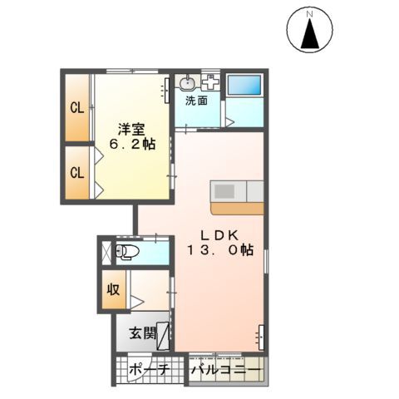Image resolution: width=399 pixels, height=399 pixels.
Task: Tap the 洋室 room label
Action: [131, 129]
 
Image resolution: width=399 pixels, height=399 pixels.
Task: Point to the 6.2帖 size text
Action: [133, 145]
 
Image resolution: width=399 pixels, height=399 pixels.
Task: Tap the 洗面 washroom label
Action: [196, 101]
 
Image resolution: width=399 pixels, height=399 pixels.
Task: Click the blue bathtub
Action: [244, 84]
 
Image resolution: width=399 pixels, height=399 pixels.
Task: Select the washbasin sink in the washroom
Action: [186, 83]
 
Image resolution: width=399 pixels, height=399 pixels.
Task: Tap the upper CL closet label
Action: [76, 107]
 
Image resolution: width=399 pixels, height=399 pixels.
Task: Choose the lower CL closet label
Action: [76, 173]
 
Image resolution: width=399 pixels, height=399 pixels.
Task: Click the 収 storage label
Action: [112, 291]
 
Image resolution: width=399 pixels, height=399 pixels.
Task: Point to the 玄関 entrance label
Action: [142, 335]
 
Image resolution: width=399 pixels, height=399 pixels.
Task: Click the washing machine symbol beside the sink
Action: [209, 83]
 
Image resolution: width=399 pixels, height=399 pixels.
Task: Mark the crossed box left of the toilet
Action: [106, 252]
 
